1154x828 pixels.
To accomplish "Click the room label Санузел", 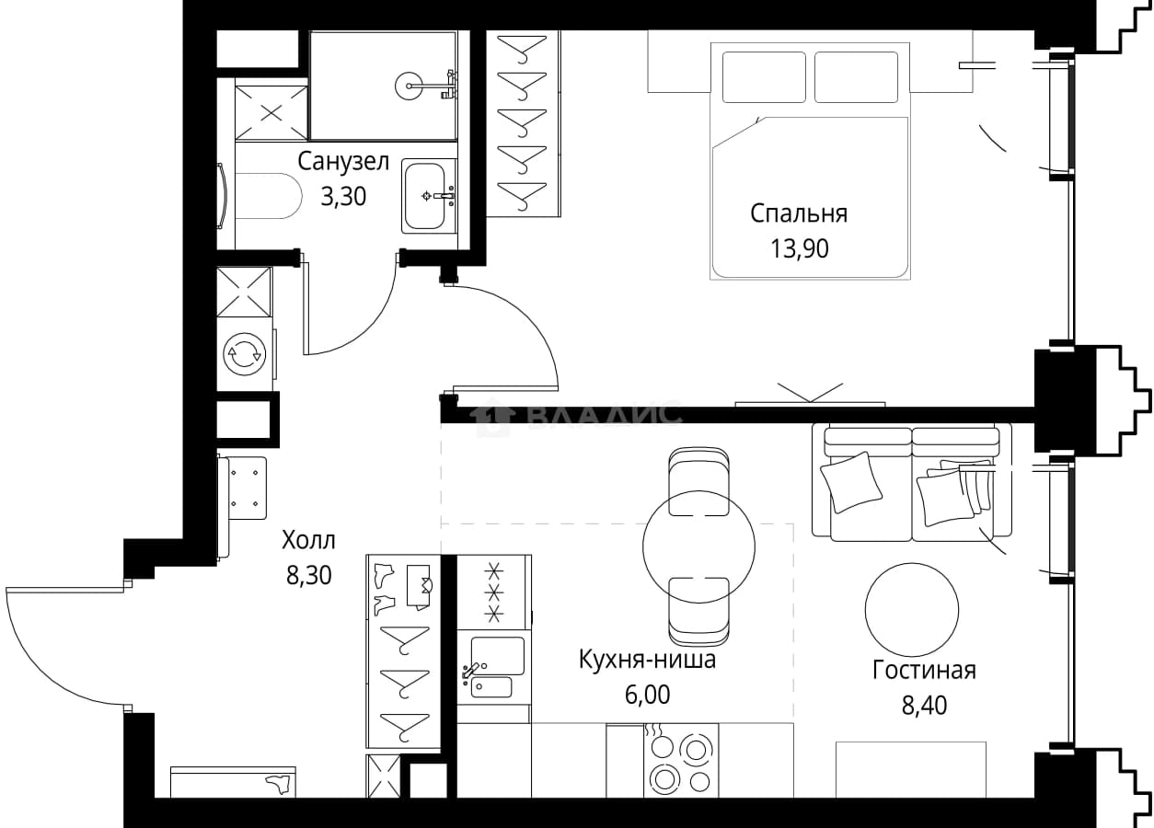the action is click(x=343, y=162).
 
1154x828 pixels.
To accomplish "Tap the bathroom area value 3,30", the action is click(x=343, y=196).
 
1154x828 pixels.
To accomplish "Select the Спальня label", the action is click(x=799, y=213).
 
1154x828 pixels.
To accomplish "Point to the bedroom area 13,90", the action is click(x=800, y=248).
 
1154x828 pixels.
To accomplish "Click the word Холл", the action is click(x=308, y=541).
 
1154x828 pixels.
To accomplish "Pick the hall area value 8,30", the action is click(x=308, y=575).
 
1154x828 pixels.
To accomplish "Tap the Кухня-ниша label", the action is click(x=647, y=660).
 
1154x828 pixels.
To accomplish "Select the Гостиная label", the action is click(x=924, y=671).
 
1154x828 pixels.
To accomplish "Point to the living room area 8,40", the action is click(x=924, y=705).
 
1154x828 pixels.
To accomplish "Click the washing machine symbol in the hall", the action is click(x=245, y=354).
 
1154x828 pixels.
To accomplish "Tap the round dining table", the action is click(x=698, y=546).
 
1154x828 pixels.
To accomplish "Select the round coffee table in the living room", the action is click(x=911, y=609).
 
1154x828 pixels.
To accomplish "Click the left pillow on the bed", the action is click(x=764, y=77).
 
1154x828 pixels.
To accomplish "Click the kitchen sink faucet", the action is click(x=471, y=670).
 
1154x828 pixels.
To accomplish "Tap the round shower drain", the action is click(x=410, y=86).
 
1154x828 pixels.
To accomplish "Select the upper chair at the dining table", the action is click(x=698, y=481).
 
